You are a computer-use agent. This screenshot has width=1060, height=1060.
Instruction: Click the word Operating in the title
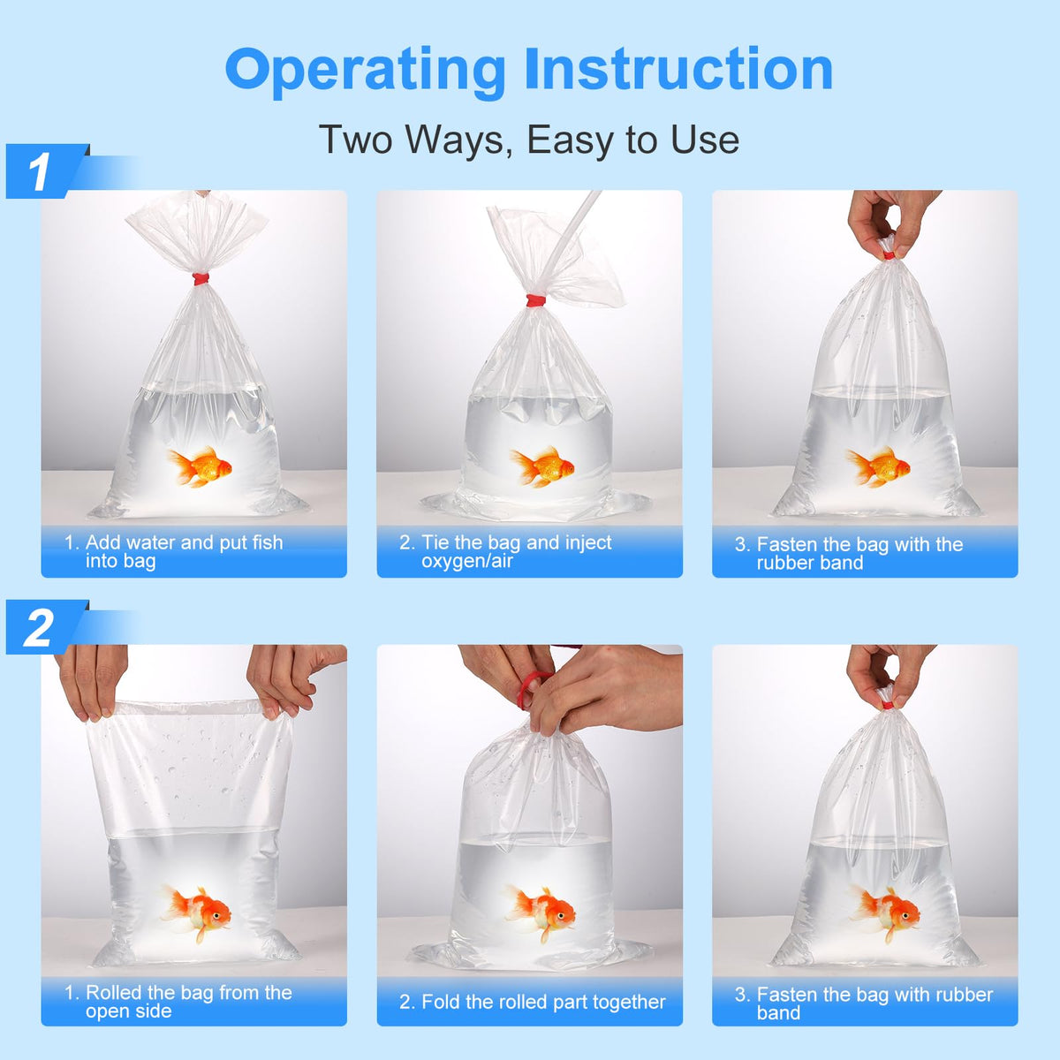pyautogui.click(x=365, y=72)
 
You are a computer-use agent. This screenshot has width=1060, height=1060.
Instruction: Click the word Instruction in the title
pyautogui.click(x=678, y=68)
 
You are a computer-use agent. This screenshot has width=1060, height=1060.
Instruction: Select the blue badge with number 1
pyautogui.click(x=47, y=171)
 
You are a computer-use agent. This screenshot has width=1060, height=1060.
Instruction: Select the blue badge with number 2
pyautogui.click(x=47, y=627)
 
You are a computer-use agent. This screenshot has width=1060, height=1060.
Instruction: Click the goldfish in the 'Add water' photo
pyautogui.click(x=200, y=466)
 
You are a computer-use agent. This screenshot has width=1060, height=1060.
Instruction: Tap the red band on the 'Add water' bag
pyautogui.click(x=201, y=279)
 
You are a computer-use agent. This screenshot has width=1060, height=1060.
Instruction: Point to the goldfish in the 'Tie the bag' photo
pyautogui.click(x=542, y=466)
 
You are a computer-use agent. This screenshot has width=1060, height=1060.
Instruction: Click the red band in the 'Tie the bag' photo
pyautogui.click(x=536, y=300)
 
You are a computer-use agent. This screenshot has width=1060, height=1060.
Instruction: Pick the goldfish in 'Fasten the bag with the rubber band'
pyautogui.click(x=878, y=466)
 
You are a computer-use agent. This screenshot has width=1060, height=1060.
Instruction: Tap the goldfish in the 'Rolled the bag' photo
pyautogui.click(x=196, y=912)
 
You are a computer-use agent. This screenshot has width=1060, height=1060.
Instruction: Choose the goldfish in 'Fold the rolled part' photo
pyautogui.click(x=541, y=912)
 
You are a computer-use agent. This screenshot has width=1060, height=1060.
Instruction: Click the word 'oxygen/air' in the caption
pyautogui.click(x=467, y=562)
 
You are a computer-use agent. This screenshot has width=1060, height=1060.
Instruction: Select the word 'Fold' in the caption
pyautogui.click(x=441, y=1002)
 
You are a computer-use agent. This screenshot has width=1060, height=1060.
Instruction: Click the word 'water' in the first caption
pyautogui.click(x=151, y=543)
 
